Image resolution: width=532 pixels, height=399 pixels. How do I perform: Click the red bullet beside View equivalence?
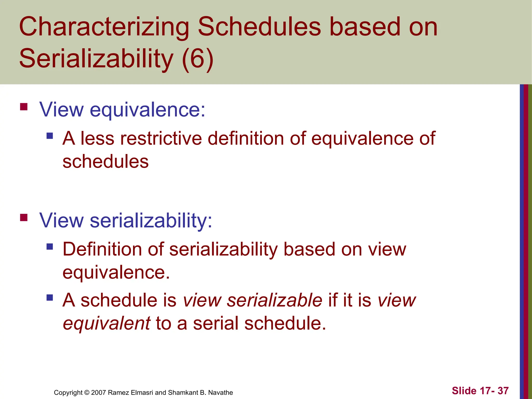pos(24,107)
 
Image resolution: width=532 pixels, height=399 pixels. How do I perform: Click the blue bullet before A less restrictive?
pos(50,136)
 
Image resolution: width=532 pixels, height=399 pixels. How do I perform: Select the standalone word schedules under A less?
pos(105,162)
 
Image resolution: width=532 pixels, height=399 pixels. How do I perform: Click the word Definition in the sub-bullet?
pos(102,249)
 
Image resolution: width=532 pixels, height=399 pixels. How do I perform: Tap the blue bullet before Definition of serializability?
pos(50,246)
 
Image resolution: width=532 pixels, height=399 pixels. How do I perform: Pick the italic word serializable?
pos(274,300)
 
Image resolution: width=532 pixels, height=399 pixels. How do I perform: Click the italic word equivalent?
pos(107,323)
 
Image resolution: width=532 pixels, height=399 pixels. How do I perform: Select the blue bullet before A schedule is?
pos(50,297)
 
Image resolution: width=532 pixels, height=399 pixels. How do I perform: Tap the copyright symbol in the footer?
pos(87,393)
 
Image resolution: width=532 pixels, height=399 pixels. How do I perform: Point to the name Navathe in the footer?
pos(221,393)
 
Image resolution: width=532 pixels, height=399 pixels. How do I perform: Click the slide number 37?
pos(503,391)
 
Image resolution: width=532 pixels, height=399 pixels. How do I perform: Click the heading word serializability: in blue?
pos(151,221)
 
